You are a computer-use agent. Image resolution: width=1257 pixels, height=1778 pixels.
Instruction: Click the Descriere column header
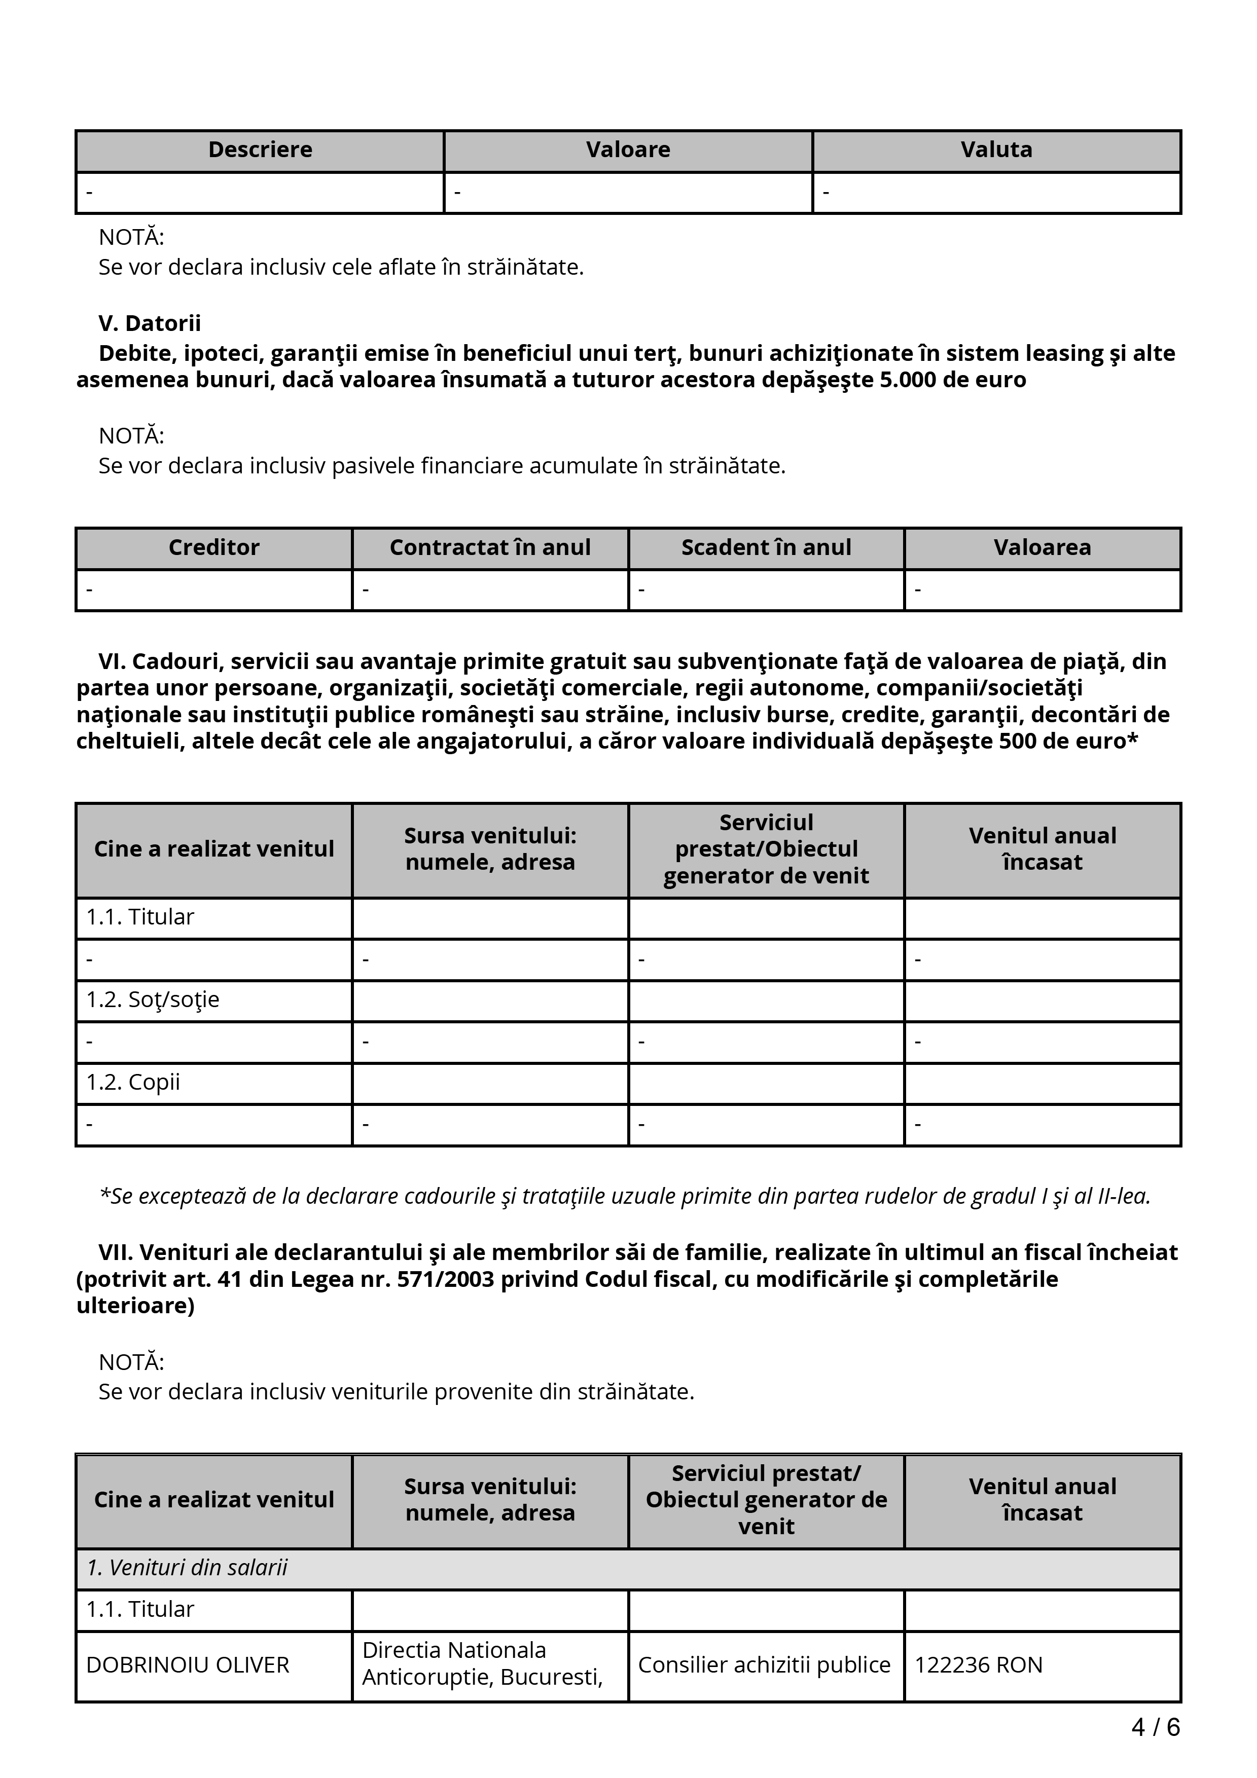(260, 150)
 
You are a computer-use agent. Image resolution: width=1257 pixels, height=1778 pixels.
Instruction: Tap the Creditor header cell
(214, 548)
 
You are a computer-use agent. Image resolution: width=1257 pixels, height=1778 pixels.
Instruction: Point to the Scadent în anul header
(766, 548)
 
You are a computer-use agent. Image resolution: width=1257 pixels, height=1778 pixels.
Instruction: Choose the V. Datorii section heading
(150, 324)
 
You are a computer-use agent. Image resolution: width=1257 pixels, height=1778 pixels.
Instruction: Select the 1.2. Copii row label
(133, 1083)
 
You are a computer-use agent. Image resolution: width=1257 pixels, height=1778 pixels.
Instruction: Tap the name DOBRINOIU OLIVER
(188, 1665)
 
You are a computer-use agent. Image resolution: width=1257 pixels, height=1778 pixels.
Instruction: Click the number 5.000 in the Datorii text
(914, 380)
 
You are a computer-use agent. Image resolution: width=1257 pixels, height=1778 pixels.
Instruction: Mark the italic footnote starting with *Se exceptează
(624, 1197)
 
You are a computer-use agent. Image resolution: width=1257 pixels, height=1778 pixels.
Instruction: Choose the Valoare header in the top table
(628, 150)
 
